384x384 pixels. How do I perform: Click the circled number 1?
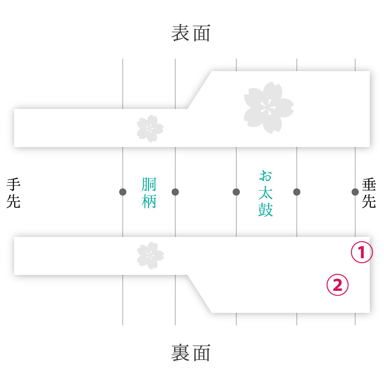point(362,252)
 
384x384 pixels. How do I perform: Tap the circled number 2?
point(337,285)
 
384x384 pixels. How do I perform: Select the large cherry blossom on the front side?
point(269,108)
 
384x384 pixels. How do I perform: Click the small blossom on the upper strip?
point(150,129)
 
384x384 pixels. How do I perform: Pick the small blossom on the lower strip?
point(150,255)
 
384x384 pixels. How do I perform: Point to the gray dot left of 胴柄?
point(123,192)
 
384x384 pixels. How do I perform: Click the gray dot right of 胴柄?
point(175,192)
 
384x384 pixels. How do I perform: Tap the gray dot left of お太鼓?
point(236,192)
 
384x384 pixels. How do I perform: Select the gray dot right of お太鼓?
point(297,192)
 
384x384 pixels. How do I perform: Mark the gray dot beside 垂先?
point(355,192)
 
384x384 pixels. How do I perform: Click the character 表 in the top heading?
point(180,33)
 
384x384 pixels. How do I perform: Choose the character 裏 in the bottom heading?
point(180,353)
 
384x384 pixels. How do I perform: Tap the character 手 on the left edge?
point(14,185)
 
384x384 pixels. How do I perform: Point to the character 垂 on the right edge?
point(369,185)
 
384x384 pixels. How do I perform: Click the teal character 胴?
point(149,185)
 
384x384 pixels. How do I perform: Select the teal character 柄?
point(149,201)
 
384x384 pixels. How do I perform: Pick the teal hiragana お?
point(266,176)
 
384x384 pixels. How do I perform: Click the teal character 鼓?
point(266,210)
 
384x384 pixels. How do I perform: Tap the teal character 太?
point(266,193)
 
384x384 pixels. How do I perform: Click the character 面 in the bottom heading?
point(202,353)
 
